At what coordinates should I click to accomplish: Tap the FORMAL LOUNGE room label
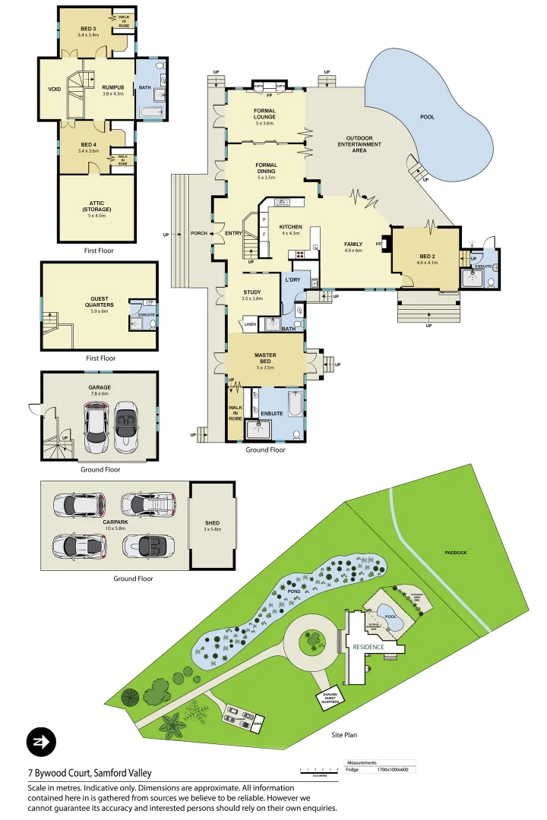(264, 114)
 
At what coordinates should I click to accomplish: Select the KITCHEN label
(291, 228)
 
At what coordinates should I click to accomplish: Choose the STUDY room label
(253, 292)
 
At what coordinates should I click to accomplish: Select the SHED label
(213, 522)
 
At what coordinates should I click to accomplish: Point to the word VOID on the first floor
(54, 89)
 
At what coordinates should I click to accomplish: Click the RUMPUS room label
(112, 87)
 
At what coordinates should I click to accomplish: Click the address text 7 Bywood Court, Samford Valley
(90, 773)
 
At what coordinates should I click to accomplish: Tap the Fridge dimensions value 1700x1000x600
(393, 770)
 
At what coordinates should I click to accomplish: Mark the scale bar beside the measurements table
(319, 770)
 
